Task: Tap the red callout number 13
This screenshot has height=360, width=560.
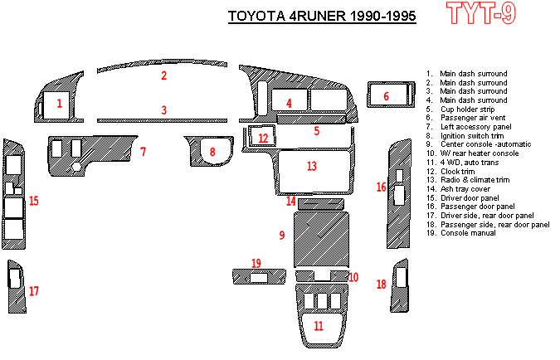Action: coord(311,167)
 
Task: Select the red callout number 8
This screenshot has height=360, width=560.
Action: coord(212,152)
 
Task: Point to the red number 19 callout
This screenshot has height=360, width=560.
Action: coord(256,264)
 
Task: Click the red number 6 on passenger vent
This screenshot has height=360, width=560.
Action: coord(386,97)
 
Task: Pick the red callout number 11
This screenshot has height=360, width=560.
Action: coord(319,326)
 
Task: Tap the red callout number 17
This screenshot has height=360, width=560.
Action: coord(34,291)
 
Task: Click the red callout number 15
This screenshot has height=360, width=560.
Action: coord(34,201)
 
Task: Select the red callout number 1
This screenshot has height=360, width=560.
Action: coord(60,104)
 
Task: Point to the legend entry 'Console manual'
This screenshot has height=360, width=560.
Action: coord(468,233)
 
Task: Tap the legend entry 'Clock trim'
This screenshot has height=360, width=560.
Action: coord(459,171)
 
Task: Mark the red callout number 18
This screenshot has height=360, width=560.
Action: coord(382,285)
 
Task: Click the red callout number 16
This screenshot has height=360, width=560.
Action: coord(382,187)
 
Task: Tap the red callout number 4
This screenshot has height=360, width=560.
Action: coord(289,104)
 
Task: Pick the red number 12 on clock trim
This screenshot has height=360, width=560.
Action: coord(263,139)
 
